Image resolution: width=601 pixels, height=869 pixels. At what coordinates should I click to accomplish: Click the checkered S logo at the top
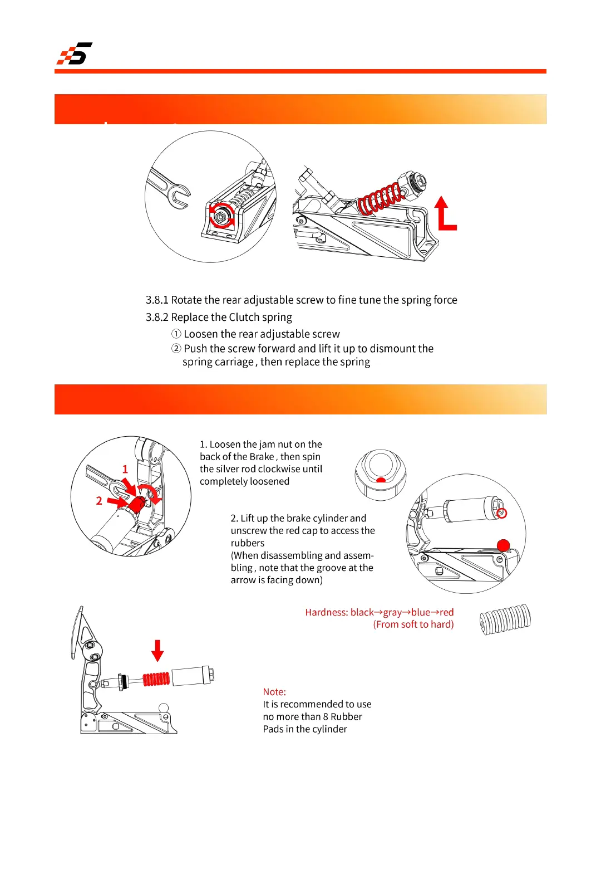[75, 53]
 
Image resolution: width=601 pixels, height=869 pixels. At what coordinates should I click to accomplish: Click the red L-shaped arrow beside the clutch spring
[445, 214]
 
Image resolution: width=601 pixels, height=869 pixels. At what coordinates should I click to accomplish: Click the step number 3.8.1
[157, 300]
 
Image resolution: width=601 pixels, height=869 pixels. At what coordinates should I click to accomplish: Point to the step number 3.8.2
[157, 318]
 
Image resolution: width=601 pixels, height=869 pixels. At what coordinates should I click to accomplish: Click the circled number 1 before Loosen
[176, 334]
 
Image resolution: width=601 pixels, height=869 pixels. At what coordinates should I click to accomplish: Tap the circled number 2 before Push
[176, 349]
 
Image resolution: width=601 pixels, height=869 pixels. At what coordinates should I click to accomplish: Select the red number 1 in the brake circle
[125, 470]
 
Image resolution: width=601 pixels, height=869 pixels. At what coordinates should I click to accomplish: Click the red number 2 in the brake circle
[99, 501]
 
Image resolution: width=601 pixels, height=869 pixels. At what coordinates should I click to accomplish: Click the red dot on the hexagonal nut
[381, 480]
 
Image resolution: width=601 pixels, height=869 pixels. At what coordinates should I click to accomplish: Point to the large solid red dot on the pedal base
[503, 545]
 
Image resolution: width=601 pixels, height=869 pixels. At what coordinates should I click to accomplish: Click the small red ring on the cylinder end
[501, 513]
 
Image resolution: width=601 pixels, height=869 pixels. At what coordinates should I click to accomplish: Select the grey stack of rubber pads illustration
[505, 619]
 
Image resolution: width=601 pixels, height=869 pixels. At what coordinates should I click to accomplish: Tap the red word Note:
[274, 692]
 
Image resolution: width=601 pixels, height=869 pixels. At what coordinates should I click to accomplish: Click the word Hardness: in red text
[327, 612]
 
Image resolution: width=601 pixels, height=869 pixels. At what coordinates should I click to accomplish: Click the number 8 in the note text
[326, 717]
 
